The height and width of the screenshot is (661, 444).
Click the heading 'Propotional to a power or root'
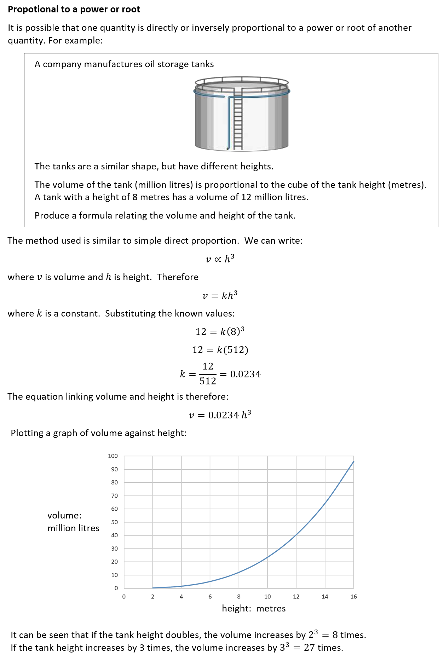pos(74,10)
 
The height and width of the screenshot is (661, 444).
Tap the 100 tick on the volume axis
pos(113,456)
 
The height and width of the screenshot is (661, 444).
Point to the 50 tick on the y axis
pos(114,522)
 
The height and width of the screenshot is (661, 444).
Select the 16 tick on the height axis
pos(353,597)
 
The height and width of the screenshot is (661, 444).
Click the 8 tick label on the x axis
pos(239,597)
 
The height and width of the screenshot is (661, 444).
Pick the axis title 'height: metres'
pos(254,608)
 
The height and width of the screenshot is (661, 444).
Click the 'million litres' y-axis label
pos(73,528)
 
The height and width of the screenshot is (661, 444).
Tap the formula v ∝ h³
pos(220,259)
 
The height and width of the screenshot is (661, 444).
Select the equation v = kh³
pos(220,295)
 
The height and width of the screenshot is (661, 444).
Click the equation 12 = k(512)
pos(220,350)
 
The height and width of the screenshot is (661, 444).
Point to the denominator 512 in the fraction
pos(208,381)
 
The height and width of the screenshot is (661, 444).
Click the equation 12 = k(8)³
pos(220,331)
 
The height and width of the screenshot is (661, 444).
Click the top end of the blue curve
pos(353,462)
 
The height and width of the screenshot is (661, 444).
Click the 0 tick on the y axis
pos(116,588)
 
